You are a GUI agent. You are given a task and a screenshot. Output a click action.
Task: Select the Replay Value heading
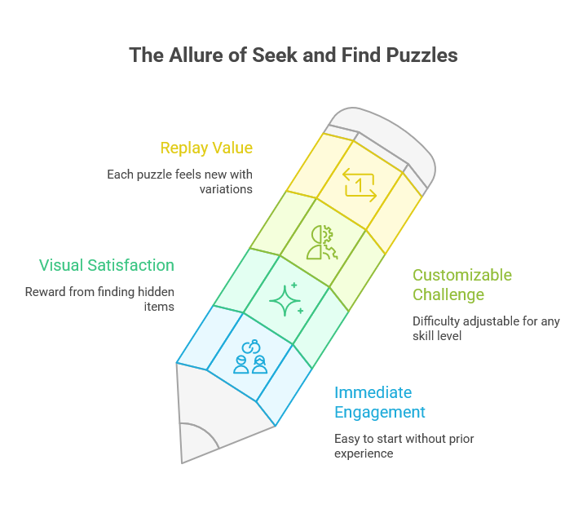click(x=206, y=148)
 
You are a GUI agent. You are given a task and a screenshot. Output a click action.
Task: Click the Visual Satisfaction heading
click(x=107, y=265)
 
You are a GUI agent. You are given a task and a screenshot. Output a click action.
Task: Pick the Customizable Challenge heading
click(x=462, y=284)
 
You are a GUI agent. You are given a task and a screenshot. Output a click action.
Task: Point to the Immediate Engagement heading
click(x=380, y=402)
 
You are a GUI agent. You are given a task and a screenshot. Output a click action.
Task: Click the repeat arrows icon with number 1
click(x=360, y=184)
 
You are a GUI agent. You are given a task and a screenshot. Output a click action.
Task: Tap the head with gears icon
click(x=320, y=242)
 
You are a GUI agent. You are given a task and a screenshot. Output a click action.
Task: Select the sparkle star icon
click(x=285, y=300)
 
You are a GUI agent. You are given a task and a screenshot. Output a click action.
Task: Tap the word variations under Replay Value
click(x=226, y=189)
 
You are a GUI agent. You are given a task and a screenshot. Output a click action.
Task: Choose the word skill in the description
click(x=427, y=335)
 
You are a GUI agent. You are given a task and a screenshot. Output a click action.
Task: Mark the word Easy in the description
click(x=347, y=439)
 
